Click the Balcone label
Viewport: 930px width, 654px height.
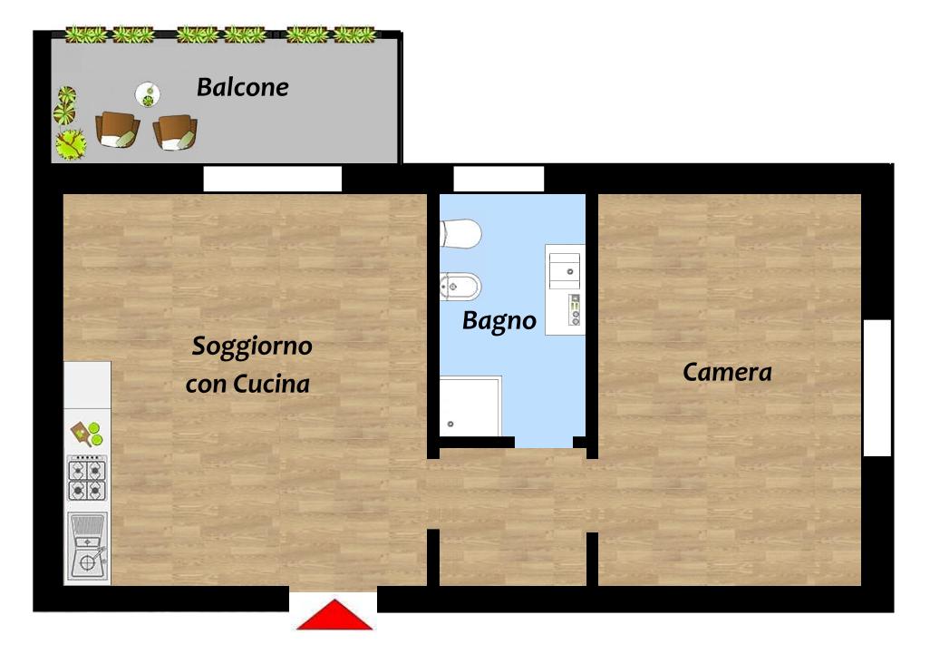coord(243,87)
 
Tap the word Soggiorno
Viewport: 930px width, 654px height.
coord(252,347)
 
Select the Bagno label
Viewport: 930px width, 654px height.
coord(499,321)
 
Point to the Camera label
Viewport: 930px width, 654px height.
coord(727,372)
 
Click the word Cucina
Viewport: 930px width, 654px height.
coord(272,384)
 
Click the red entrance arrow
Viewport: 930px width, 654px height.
coord(334,614)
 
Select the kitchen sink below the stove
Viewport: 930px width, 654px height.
coord(88,547)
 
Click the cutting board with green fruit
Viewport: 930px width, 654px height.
coord(87,434)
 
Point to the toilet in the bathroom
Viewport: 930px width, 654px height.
coord(460,234)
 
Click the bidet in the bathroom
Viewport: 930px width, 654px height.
coord(460,288)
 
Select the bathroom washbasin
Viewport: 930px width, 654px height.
coord(565,270)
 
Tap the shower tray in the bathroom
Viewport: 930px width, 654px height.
coord(470,406)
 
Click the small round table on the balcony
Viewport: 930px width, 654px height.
coord(148,94)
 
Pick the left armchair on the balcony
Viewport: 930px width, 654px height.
coord(118,130)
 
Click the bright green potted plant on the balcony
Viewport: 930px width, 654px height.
coord(72,144)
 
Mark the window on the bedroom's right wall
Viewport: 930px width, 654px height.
coord(877,388)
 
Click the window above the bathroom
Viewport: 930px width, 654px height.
coord(499,179)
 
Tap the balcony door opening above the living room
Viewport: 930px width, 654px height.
coord(273,179)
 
